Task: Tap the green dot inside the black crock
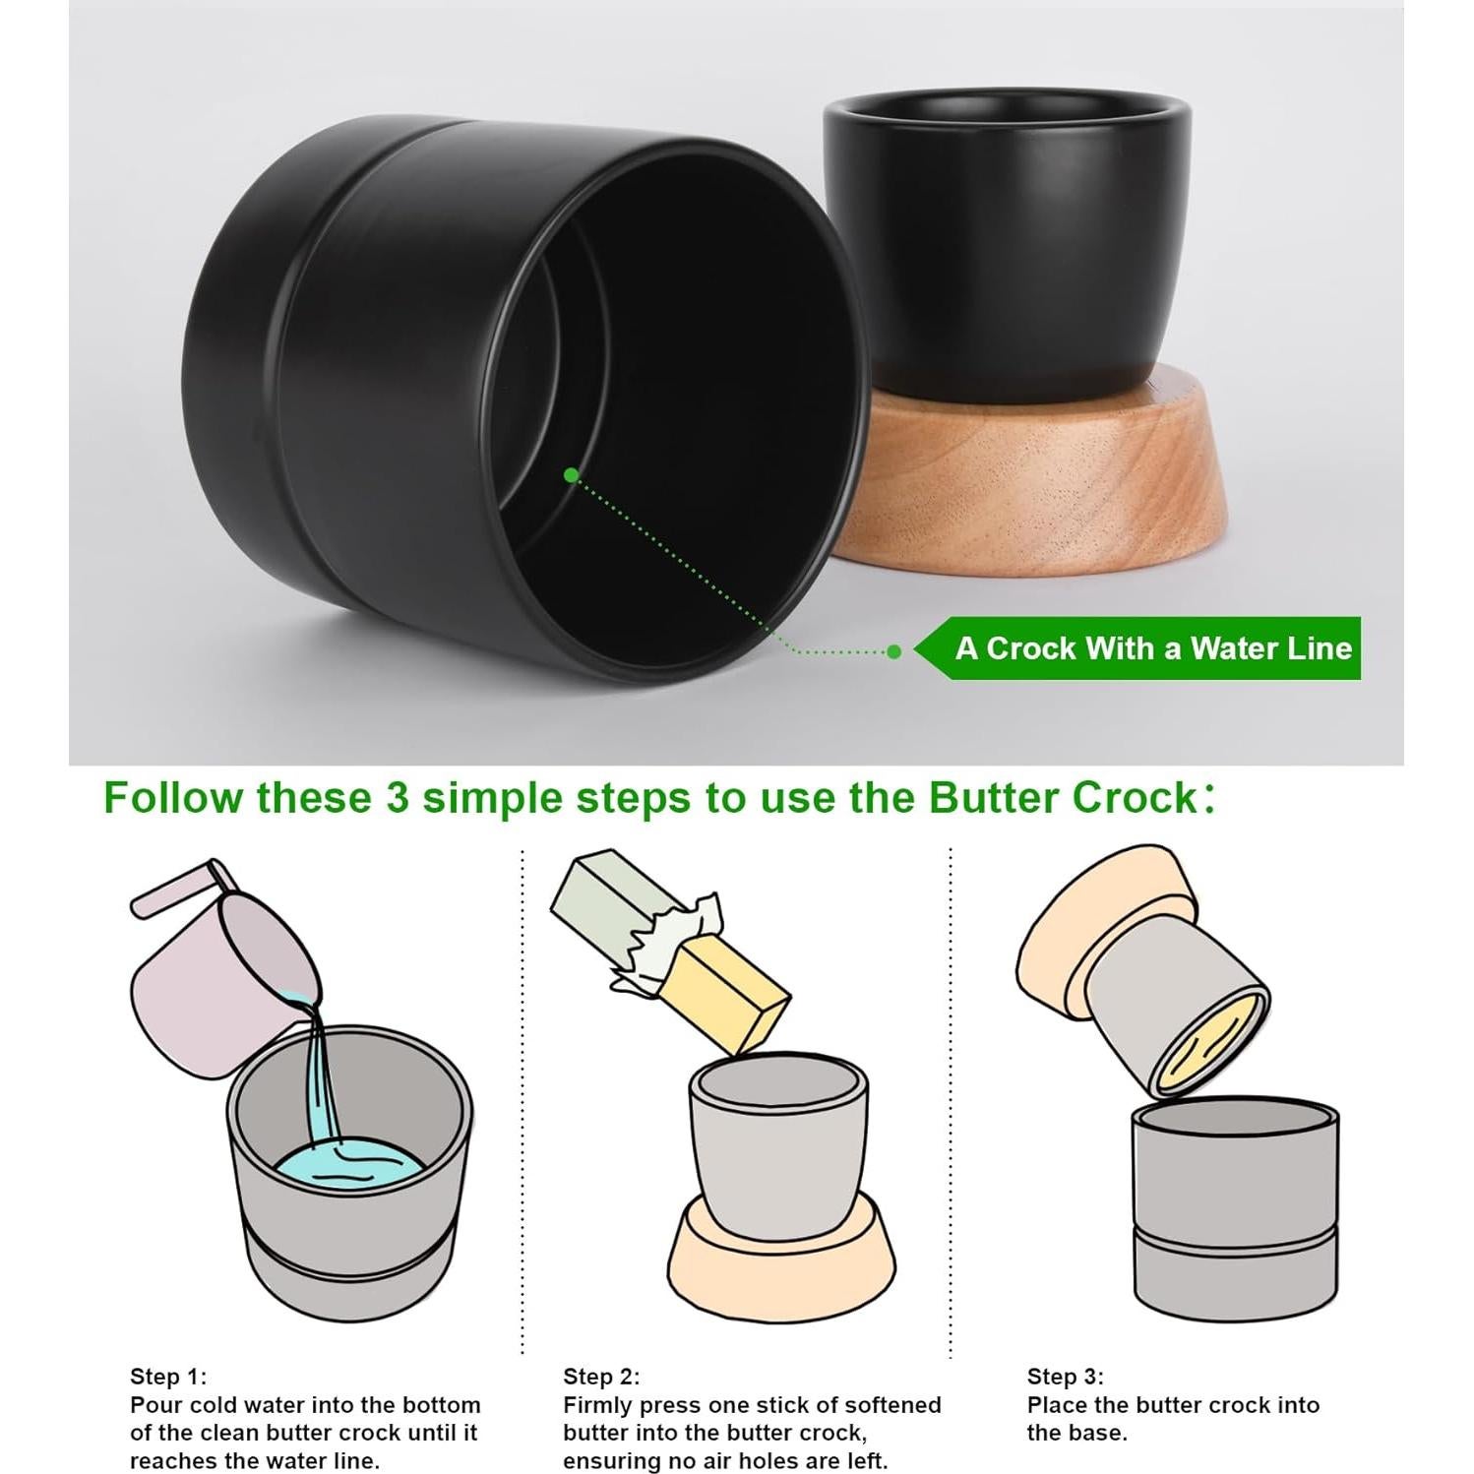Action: (x=571, y=475)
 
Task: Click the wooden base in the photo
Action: (x=1033, y=472)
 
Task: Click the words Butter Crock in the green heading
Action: (x=1061, y=797)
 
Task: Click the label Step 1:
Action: (x=168, y=1377)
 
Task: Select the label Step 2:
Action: (x=601, y=1377)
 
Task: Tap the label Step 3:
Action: (x=1066, y=1377)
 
